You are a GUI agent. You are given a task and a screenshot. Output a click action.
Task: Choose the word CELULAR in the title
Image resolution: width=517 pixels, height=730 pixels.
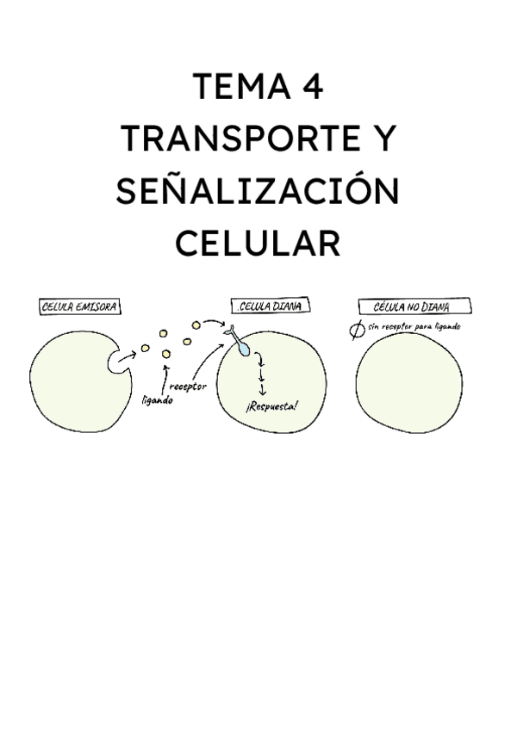point(258,244)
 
